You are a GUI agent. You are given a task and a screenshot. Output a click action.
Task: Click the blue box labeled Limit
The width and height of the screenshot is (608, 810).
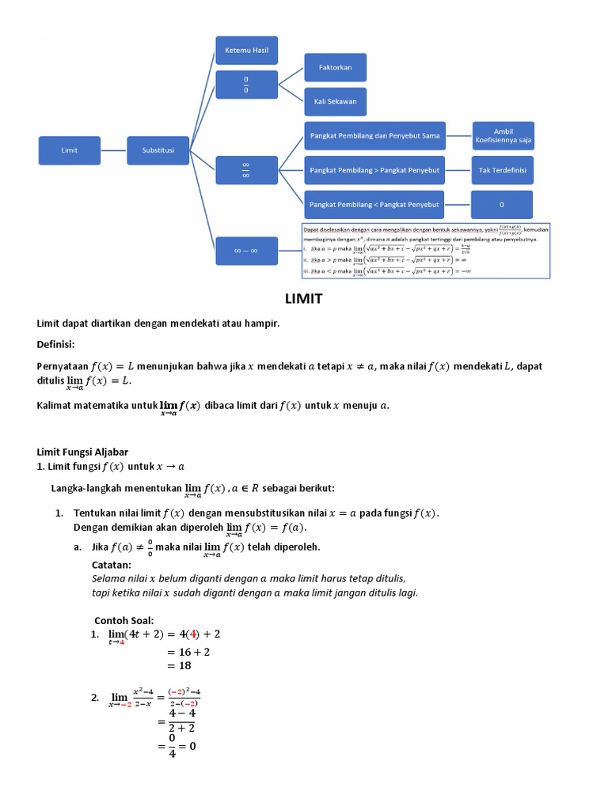[x=70, y=150]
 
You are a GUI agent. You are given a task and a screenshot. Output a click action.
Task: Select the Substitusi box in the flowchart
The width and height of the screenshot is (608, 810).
[x=158, y=150]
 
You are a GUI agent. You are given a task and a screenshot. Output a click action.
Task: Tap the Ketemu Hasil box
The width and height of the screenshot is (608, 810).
[x=247, y=50]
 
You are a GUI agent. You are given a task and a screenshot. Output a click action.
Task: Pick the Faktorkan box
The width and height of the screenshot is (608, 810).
[x=336, y=67]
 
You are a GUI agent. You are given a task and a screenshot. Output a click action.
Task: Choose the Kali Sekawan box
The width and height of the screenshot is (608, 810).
[x=336, y=101]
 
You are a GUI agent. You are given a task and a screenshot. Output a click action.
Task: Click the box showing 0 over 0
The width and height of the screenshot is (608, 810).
[x=247, y=84]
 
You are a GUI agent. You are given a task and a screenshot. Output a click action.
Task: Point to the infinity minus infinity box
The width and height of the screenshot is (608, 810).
[x=247, y=251]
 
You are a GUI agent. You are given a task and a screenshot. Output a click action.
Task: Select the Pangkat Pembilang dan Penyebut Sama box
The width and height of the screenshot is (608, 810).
[x=374, y=136]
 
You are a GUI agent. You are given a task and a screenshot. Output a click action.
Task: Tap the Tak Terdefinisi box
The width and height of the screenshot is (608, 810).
[x=502, y=170]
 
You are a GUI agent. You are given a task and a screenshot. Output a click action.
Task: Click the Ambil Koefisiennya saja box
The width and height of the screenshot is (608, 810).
[x=503, y=136]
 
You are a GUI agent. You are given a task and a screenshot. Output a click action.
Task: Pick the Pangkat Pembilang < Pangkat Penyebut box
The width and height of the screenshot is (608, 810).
[x=374, y=205]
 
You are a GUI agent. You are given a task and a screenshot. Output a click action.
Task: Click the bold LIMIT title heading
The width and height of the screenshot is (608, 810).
[x=304, y=300]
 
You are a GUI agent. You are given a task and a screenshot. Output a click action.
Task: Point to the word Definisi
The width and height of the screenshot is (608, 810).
[x=56, y=344]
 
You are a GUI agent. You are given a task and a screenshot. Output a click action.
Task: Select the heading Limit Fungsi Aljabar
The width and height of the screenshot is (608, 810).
[x=83, y=451]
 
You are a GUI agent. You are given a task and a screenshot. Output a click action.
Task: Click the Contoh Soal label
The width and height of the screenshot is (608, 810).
[x=124, y=619]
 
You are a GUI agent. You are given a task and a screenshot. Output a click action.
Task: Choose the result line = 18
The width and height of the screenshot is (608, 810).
[x=180, y=666]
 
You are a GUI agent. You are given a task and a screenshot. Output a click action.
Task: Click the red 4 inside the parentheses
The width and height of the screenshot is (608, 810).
[x=192, y=634]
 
